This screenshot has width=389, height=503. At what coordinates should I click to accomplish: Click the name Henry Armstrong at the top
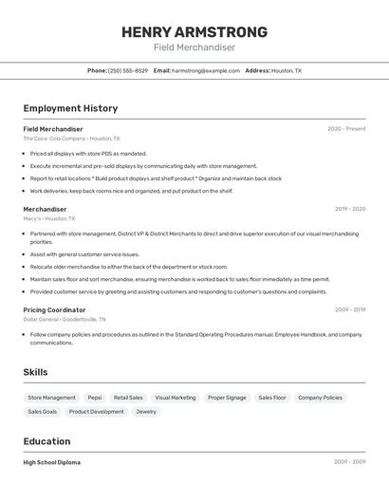point(194,31)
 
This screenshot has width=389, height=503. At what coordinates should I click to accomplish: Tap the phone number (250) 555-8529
point(127,70)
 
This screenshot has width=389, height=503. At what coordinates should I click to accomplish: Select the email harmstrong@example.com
point(205,70)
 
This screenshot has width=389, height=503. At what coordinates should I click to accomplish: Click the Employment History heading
point(70,108)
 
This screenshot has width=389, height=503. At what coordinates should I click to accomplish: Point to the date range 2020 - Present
point(346,129)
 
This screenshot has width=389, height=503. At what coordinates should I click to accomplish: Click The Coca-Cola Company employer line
point(67,139)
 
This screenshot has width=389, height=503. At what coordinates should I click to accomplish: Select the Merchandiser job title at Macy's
point(45,209)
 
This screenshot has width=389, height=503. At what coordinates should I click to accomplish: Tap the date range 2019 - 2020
point(349,209)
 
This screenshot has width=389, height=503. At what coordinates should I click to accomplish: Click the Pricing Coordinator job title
point(54,309)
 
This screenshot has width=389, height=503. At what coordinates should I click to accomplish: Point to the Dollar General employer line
point(65,319)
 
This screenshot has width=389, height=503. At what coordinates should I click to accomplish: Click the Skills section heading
point(35,372)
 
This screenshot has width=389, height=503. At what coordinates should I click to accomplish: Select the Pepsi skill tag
point(95,398)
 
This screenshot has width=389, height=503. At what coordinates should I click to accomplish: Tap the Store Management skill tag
point(51,398)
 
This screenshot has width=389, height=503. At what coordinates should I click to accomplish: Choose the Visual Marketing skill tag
point(176,398)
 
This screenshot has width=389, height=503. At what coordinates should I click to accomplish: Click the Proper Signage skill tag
point(227,398)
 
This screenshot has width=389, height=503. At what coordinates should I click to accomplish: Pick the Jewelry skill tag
point(146,412)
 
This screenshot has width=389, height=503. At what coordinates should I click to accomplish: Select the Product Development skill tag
point(96,412)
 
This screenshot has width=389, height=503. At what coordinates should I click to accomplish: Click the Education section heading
point(46,441)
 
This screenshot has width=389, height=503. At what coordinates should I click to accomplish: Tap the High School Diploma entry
point(51,462)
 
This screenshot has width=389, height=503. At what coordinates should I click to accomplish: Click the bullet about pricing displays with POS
point(88,153)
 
